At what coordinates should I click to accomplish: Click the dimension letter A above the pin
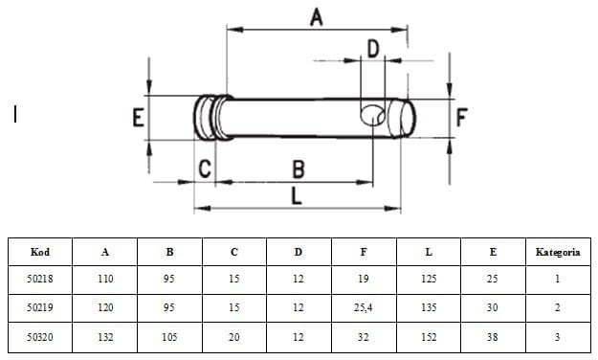(x=317, y=17)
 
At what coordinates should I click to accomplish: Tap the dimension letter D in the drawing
(x=373, y=49)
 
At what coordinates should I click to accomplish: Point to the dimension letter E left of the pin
(x=138, y=117)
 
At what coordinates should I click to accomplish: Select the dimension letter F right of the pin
(x=461, y=117)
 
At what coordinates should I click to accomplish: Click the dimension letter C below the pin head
(x=205, y=169)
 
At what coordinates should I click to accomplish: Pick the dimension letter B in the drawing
(x=299, y=169)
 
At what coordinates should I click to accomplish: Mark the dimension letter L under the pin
(x=297, y=196)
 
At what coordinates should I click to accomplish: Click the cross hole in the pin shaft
(x=372, y=116)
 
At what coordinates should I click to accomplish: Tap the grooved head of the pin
(x=211, y=117)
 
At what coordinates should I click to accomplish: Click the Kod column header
(x=40, y=252)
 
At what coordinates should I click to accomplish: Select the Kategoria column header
(x=558, y=252)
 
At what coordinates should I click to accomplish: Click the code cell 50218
(x=40, y=279)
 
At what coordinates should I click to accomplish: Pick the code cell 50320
(x=40, y=337)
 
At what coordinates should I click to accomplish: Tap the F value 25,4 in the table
(x=363, y=307)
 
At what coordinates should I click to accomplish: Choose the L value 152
(x=429, y=337)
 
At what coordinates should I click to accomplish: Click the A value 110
(x=105, y=279)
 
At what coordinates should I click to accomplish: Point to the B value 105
(x=169, y=337)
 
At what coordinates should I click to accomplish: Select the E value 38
(x=493, y=337)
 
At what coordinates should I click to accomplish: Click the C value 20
(x=234, y=337)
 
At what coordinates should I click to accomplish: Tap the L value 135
(x=429, y=307)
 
